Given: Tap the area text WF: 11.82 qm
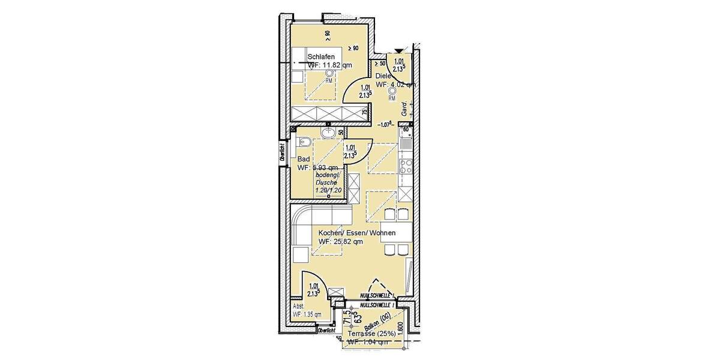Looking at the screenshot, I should (x=329, y=65).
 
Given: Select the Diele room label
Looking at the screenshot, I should (x=383, y=76).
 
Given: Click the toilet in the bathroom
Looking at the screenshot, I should (x=303, y=142).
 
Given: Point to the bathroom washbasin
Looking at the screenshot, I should (x=328, y=132).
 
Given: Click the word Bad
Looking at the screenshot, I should (x=304, y=159).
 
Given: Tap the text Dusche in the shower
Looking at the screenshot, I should (x=327, y=182).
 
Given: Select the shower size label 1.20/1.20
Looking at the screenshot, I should (x=328, y=190).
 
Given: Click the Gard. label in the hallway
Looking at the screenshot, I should (x=405, y=109).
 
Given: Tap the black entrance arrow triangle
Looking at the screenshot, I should (x=398, y=51).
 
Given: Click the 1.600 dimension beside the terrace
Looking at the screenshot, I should (x=415, y=329).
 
